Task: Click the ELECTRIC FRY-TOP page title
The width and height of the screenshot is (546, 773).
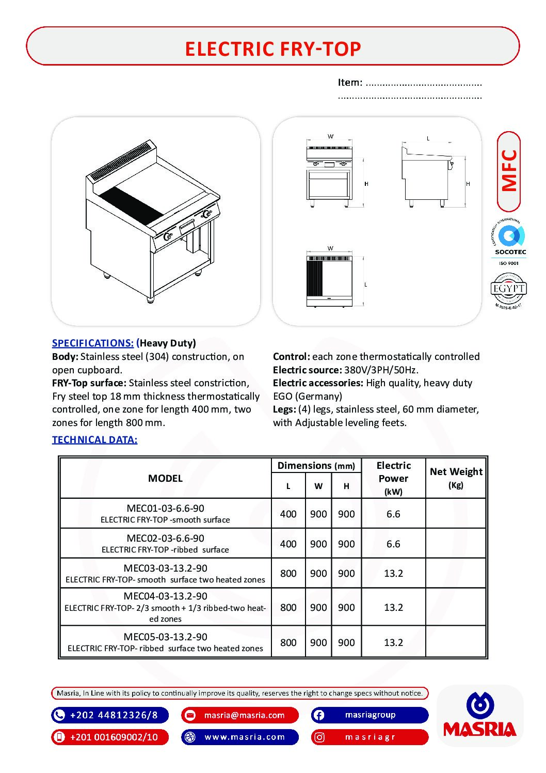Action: pos(272,49)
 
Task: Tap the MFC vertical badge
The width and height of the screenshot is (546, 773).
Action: pos(509,171)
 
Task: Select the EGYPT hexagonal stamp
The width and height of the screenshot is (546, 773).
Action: pos(508,289)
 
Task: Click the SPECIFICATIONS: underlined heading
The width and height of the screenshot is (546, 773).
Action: pos(93,343)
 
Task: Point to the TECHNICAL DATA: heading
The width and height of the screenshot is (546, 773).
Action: pos(94,440)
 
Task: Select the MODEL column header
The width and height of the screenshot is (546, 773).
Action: pos(165,479)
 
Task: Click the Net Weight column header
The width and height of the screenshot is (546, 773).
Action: pos(456,472)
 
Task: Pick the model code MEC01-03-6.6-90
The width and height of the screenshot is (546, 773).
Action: pos(165,508)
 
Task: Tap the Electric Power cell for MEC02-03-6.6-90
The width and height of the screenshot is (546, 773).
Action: pos(393,544)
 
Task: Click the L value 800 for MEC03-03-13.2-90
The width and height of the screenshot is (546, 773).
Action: pos(288,574)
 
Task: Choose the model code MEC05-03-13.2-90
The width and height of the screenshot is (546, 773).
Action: pos(165,637)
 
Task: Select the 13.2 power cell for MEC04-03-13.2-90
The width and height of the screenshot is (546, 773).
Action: pos(393,608)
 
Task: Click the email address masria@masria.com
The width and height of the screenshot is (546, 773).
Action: pos(244,715)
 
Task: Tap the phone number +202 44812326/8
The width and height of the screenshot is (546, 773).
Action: pos(114,715)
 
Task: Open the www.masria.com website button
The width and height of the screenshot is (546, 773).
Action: pos(244,737)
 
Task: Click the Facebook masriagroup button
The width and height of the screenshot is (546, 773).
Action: pos(370,715)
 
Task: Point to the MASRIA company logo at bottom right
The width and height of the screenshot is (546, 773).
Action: pos(480,716)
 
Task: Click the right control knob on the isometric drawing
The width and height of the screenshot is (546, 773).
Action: pos(207,213)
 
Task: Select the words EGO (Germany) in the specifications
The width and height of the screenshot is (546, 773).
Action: pos(308,397)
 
